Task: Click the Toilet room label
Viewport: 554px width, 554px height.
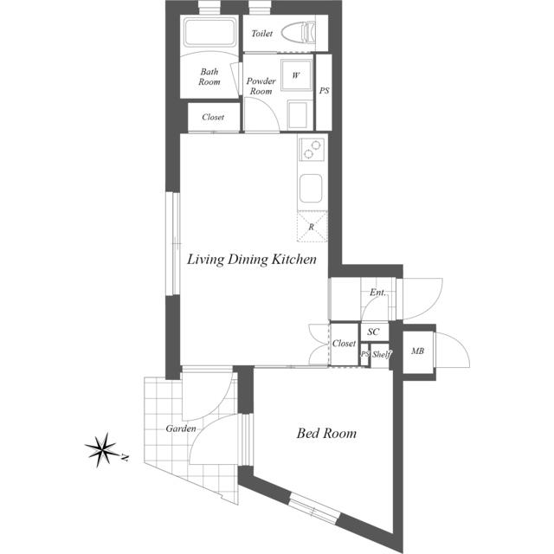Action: [x=261, y=34]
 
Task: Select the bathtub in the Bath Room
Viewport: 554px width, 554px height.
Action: [x=209, y=32]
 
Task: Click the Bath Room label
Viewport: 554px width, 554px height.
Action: [x=209, y=77]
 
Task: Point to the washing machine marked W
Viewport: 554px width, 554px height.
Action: [x=296, y=75]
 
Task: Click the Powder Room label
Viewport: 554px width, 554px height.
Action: [x=261, y=86]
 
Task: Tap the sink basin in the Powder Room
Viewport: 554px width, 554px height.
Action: [x=297, y=115]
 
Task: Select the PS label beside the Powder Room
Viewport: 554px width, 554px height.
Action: [x=324, y=91]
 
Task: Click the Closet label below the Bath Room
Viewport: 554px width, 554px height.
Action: [x=213, y=117]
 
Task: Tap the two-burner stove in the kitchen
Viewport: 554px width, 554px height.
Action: [x=312, y=149]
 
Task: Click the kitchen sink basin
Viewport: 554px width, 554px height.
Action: [x=311, y=189]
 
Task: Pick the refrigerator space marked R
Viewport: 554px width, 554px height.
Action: [x=312, y=227]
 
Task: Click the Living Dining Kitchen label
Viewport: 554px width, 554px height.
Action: [x=252, y=260]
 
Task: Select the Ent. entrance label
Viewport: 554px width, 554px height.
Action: [x=377, y=293]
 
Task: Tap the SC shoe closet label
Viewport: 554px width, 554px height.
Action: [x=373, y=332]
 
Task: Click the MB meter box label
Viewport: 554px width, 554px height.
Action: [x=417, y=351]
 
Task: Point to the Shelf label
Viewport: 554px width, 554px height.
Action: [x=382, y=354]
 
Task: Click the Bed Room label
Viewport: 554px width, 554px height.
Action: [x=326, y=433]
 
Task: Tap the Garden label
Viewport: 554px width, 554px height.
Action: [x=181, y=428]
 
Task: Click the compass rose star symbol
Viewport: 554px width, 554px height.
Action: [x=102, y=450]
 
